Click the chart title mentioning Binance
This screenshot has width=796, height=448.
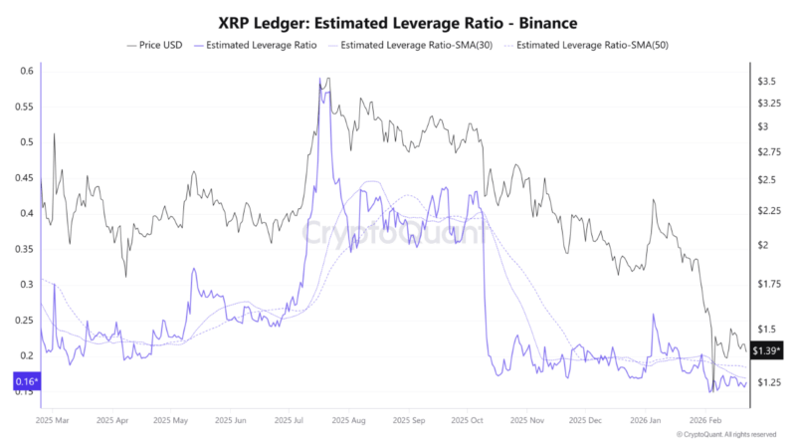click(398, 20)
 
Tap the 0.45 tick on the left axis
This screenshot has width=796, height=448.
click(23, 177)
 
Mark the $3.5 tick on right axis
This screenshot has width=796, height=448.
click(767, 81)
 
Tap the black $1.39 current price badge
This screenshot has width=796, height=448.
click(767, 350)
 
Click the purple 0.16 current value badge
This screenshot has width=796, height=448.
click(26, 381)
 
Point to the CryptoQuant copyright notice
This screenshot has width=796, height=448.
click(725, 435)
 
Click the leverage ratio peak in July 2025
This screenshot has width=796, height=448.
click(320, 79)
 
